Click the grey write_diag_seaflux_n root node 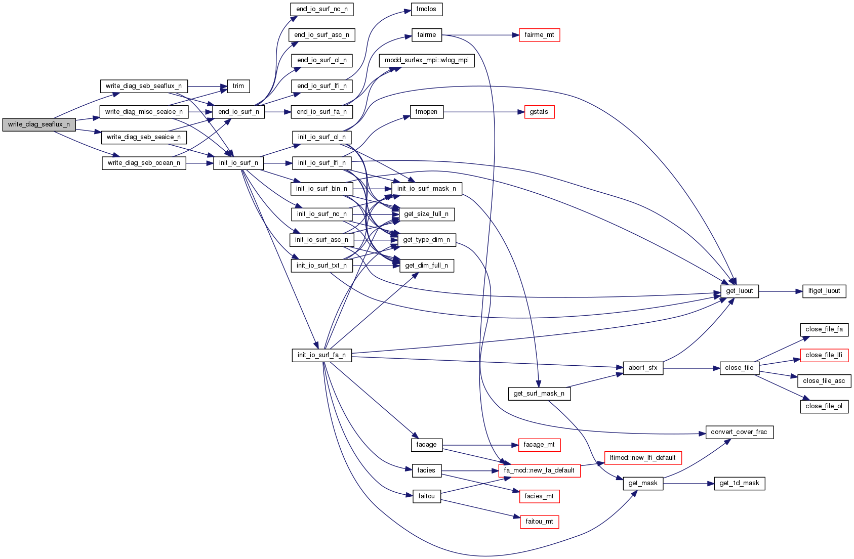tap(39, 124)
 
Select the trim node tap(238, 86)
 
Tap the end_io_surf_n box tap(238, 112)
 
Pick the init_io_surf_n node tap(238, 163)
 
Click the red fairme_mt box tap(539, 35)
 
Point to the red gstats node tap(539, 112)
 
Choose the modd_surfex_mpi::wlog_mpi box tap(427, 60)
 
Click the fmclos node tap(426, 9)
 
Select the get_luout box tap(740, 291)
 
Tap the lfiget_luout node tap(824, 291)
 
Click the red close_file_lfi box tap(824, 355)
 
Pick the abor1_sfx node tap(643, 368)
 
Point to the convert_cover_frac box tap(739, 432)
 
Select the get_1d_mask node tap(739, 483)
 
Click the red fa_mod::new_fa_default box tap(539, 470)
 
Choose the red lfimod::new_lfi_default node tap(643, 458)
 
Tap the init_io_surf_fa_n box tap(321, 355)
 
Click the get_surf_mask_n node tap(539, 394)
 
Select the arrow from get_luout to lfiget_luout tap(781, 291)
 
